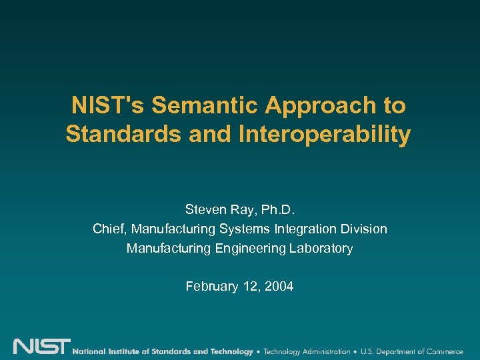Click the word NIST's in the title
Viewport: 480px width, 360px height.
click(x=109, y=105)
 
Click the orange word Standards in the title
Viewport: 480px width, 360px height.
click(x=124, y=134)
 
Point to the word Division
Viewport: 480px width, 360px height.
click(x=365, y=229)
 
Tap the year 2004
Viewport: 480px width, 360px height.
click(x=279, y=287)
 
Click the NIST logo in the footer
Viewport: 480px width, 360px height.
click(x=41, y=347)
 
